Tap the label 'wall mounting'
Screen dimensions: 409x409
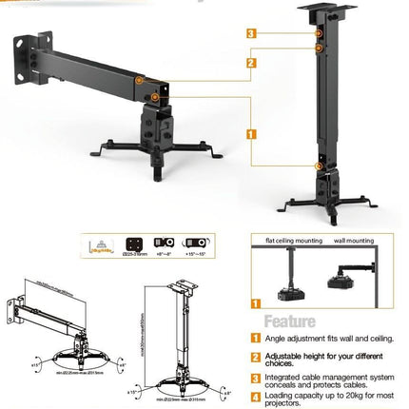(x=354, y=241)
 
